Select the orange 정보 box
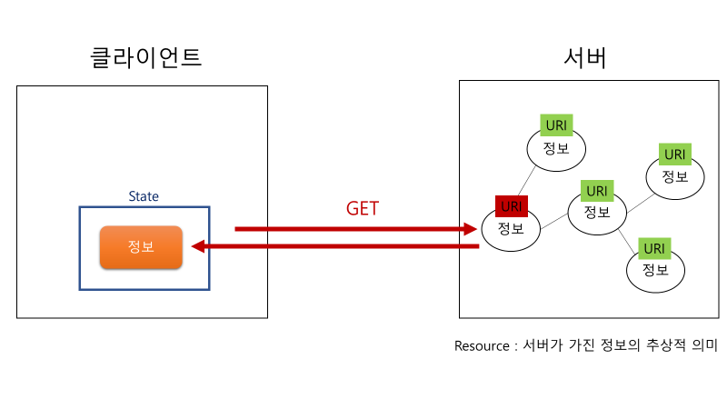(x=141, y=247)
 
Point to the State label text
(x=144, y=196)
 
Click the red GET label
(x=362, y=208)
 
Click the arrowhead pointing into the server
(x=471, y=229)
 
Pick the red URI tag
(x=512, y=206)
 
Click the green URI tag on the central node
(x=596, y=191)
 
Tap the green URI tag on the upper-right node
(x=674, y=155)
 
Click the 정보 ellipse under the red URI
(x=512, y=230)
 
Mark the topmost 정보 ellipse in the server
(x=556, y=150)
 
